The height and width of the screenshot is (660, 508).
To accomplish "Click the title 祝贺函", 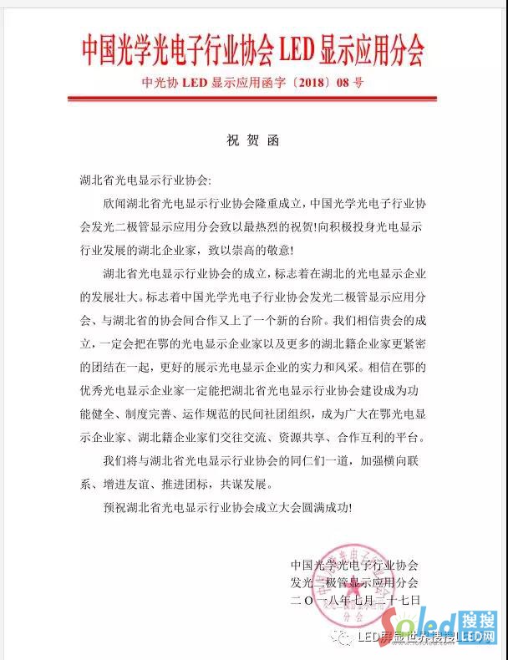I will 253,140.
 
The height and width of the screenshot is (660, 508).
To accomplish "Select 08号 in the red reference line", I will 349,83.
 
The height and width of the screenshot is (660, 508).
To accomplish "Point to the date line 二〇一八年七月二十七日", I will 355,599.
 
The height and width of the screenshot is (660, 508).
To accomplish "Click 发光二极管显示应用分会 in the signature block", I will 354,582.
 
